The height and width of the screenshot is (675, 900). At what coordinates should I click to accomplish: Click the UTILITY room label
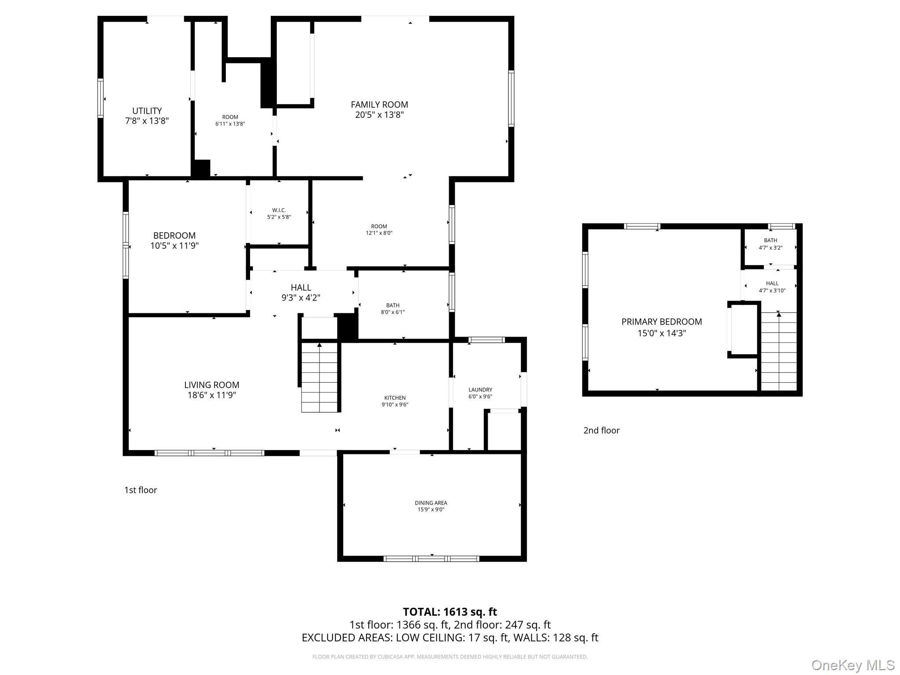tap(147, 111)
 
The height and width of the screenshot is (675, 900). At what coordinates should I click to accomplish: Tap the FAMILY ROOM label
tap(379, 105)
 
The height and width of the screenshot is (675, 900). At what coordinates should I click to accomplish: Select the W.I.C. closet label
tap(279, 210)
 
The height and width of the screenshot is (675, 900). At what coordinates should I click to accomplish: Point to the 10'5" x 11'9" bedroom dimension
tap(174, 246)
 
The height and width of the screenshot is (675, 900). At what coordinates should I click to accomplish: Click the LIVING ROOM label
tap(211, 385)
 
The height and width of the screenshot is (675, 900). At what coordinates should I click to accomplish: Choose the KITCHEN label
tap(395, 398)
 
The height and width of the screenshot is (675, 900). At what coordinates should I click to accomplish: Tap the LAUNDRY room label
tap(480, 390)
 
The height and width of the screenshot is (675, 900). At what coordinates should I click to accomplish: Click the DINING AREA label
tap(431, 503)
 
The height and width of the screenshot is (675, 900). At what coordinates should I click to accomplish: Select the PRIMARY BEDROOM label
tap(661, 322)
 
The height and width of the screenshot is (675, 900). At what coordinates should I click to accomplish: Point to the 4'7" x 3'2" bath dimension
tap(770, 248)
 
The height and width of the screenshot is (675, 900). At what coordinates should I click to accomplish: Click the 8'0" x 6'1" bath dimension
tap(392, 312)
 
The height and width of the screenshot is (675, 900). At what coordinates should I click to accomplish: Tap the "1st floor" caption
tap(141, 490)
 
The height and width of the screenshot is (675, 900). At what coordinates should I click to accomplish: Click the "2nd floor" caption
tap(601, 431)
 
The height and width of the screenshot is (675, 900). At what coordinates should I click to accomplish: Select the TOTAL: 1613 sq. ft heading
tap(450, 612)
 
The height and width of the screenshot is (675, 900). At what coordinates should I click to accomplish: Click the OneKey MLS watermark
tap(853, 665)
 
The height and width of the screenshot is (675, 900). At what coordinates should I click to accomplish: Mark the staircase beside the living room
tap(319, 378)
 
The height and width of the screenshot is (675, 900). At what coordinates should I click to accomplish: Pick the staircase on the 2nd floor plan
tap(778, 352)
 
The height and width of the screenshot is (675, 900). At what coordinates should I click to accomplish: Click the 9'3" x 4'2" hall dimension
tap(301, 298)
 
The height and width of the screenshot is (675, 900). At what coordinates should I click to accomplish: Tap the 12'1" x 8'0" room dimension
tap(379, 233)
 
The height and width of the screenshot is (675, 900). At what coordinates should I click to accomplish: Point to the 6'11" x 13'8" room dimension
tap(230, 124)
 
